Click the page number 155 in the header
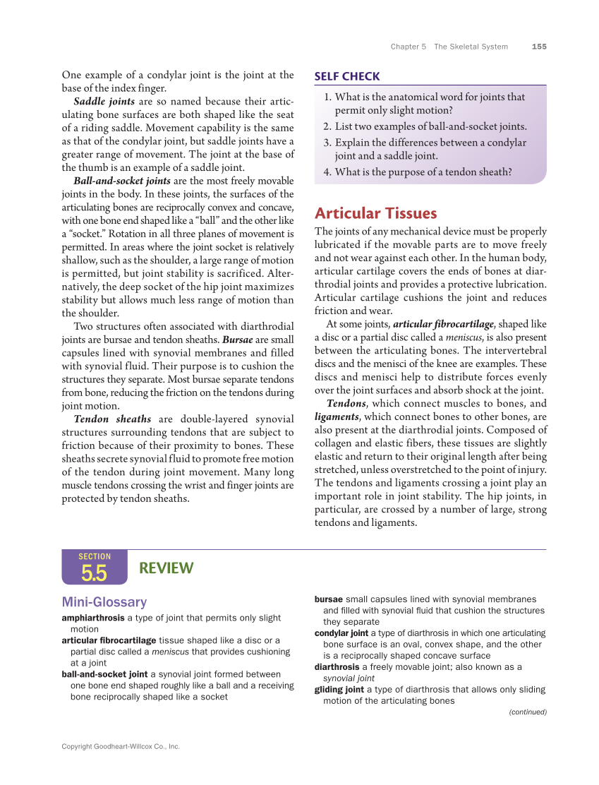539,47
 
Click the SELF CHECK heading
347,76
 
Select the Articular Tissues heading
375,213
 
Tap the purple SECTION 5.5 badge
94,568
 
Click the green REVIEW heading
166,568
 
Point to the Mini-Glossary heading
104,602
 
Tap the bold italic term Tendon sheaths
112,419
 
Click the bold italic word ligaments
336,417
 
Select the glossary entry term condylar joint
341,633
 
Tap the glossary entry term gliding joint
339,689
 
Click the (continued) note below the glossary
528,712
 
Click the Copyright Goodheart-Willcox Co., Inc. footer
121,745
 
